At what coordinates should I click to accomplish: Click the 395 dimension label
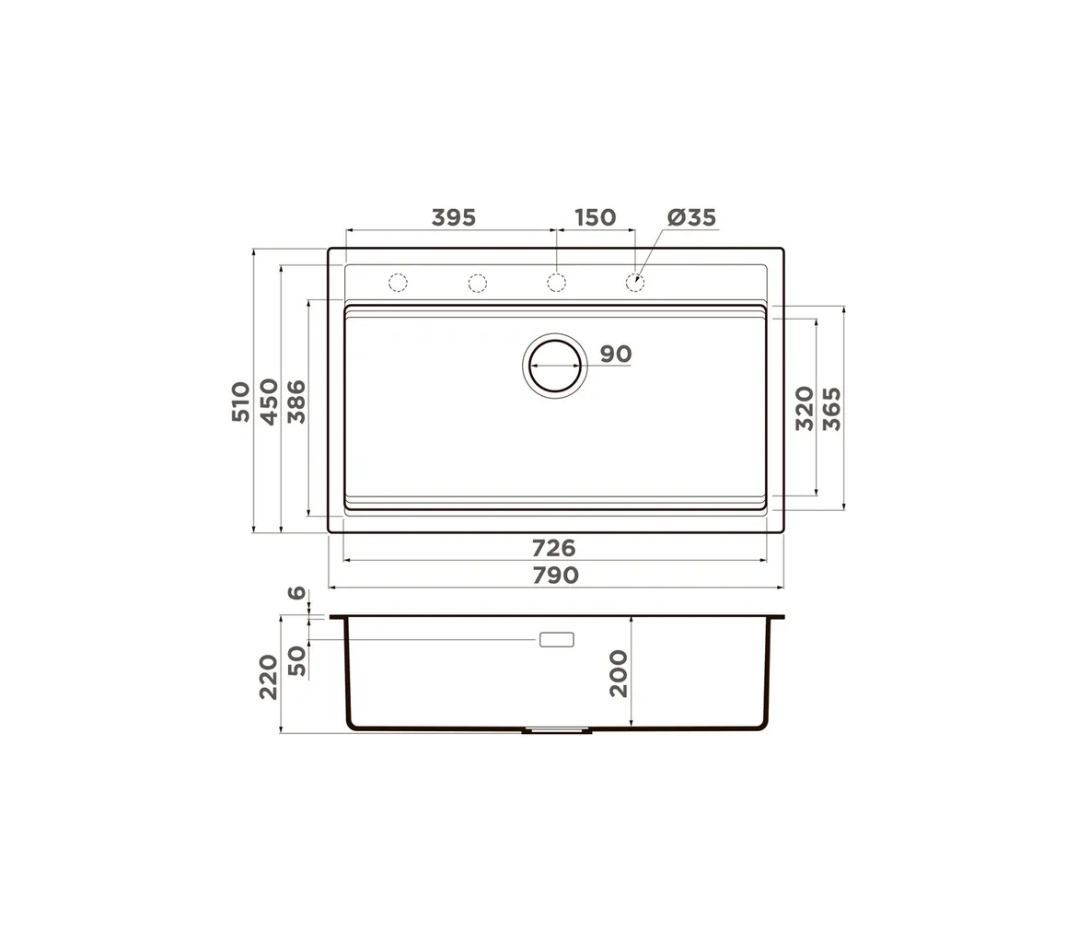click(x=453, y=217)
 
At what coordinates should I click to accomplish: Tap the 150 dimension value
click(x=595, y=217)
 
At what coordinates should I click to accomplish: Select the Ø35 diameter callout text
click(x=691, y=217)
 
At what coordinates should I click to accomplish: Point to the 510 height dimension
click(x=240, y=402)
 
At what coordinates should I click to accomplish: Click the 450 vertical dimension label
click(x=269, y=402)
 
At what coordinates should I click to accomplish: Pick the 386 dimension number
click(x=296, y=402)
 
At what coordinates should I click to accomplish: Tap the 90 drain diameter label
click(x=615, y=355)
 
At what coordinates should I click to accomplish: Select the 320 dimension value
click(x=805, y=409)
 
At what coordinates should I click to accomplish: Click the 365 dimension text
click(x=832, y=409)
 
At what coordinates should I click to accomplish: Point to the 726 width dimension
click(x=553, y=548)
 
